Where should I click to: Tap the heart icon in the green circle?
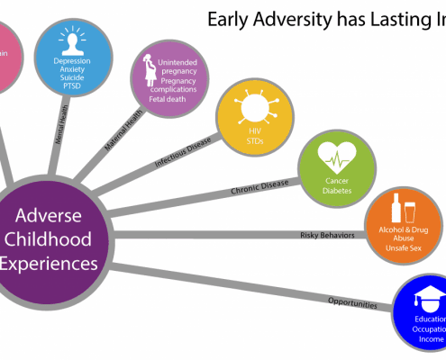pyautogui.click(x=334, y=157)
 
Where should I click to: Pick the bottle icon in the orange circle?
pyautogui.click(x=394, y=209)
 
